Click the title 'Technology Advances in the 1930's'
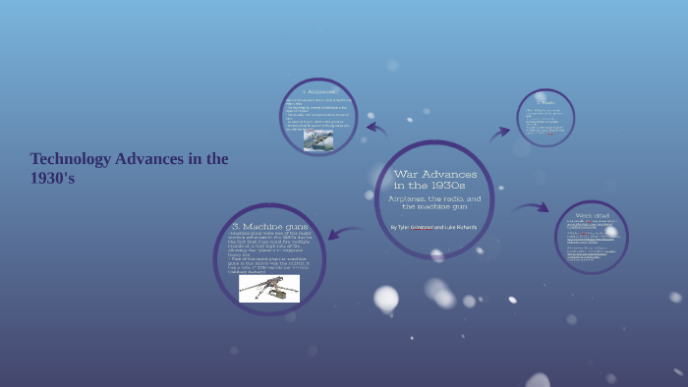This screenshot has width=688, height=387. click(129, 168)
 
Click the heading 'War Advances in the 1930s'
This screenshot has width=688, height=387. click(430, 179)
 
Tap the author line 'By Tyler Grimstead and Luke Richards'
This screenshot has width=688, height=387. click(433, 227)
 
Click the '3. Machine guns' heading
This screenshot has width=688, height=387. click(268, 226)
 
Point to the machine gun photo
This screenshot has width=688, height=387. click(268, 288)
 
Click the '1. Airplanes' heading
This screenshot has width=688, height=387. click(317, 91)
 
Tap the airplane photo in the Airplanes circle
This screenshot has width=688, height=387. click(317, 139)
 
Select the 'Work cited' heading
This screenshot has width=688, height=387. click(593, 214)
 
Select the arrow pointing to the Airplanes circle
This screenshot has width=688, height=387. click(375, 128)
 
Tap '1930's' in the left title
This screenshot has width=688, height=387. click(52, 179)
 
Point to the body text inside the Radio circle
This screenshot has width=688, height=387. click(546, 123)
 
